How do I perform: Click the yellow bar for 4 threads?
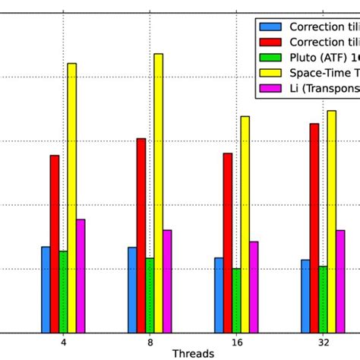pyautogui.click(x=71, y=197)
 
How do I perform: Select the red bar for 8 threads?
pyautogui.click(x=141, y=235)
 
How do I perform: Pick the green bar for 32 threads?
pyautogui.click(x=323, y=299)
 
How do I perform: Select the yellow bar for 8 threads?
pyautogui.click(x=158, y=193)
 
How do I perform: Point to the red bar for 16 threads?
pyautogui.click(x=228, y=242)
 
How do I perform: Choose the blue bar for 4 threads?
pyautogui.click(x=46, y=289)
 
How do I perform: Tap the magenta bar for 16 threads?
pyautogui.click(x=254, y=286)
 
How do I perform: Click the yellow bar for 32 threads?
pyautogui.click(x=331, y=221)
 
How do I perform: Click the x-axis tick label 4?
pyautogui.click(x=63, y=343)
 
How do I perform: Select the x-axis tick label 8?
pyautogui.click(x=150, y=343)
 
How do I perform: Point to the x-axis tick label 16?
pyautogui.click(x=236, y=343)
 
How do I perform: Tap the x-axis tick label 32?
pyautogui.click(x=323, y=343)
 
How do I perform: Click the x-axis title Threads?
pyautogui.click(x=193, y=354)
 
